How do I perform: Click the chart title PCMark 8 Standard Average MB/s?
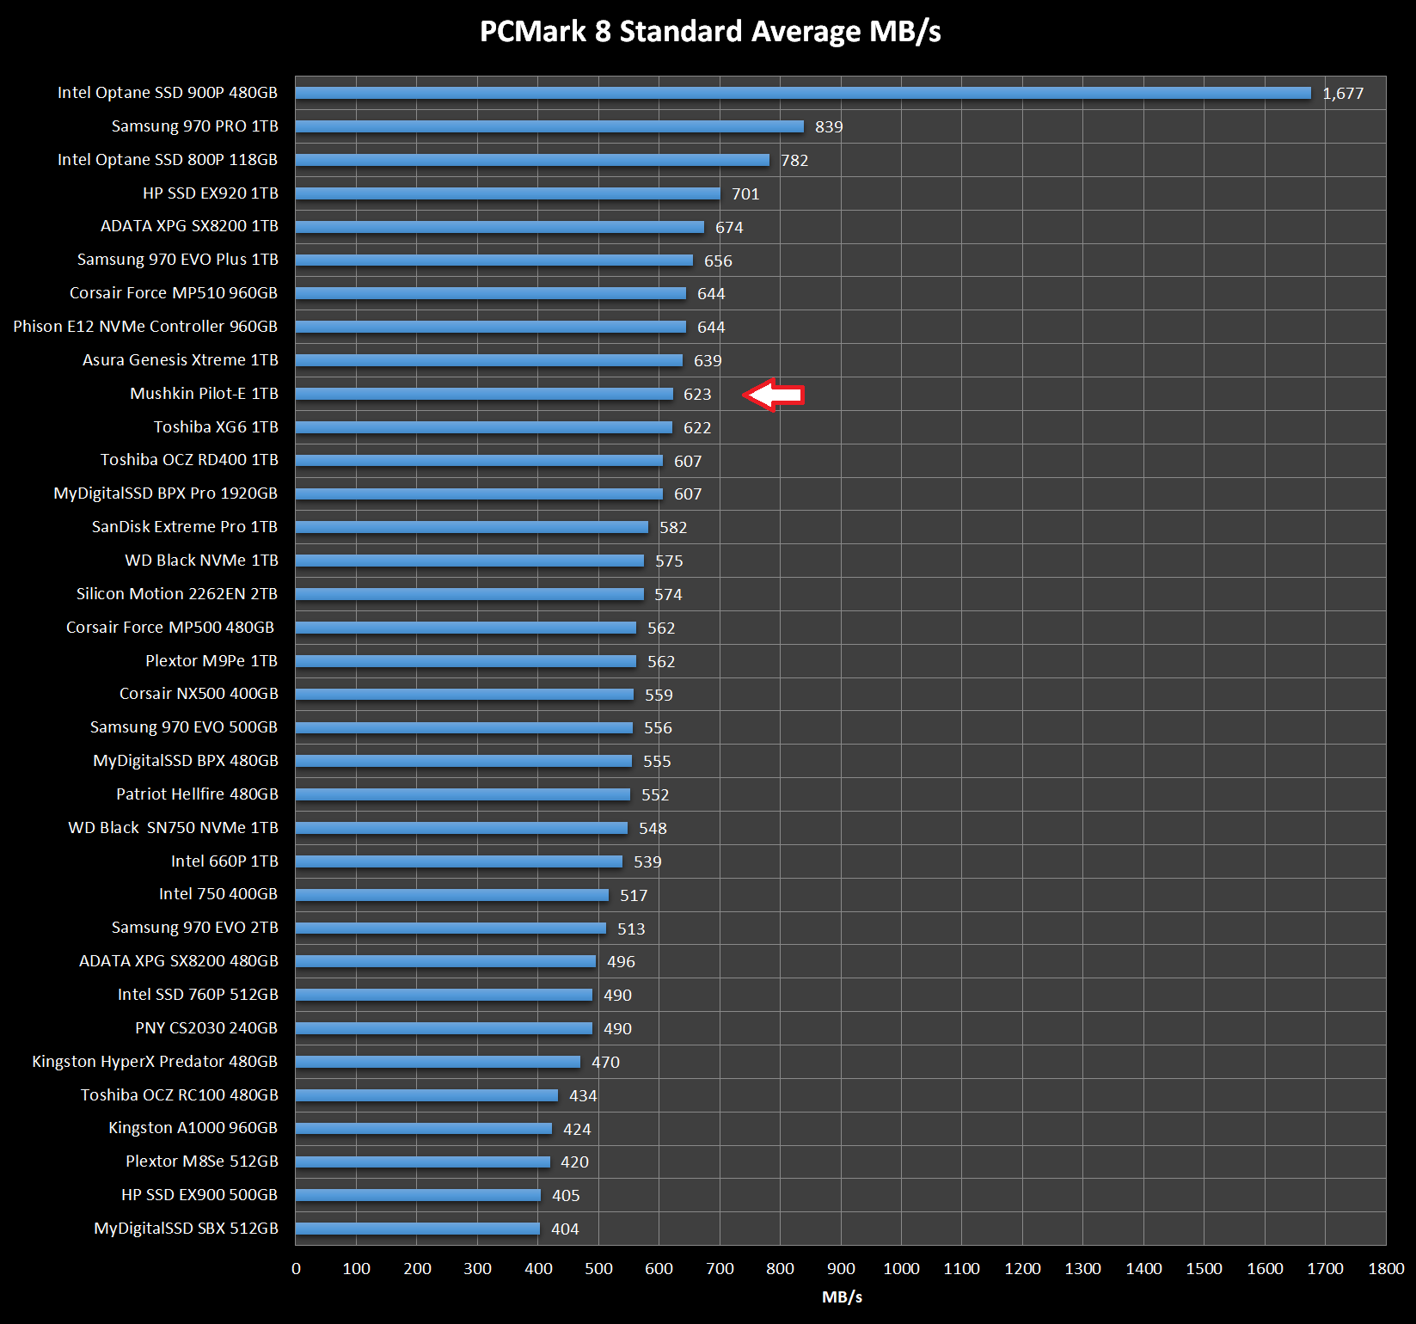[x=710, y=32]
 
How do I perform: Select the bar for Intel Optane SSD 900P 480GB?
[x=803, y=93]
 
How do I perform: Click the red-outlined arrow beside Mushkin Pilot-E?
[x=774, y=395]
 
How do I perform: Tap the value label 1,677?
[x=1343, y=94]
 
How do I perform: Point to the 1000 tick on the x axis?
[x=901, y=1268]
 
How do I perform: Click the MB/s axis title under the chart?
[x=842, y=1297]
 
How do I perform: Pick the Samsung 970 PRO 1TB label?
[x=195, y=126]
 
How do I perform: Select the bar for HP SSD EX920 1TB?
[x=507, y=193]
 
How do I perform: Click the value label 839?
[x=829, y=127]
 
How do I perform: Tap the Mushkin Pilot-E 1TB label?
[x=205, y=394]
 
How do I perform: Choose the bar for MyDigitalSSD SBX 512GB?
[x=418, y=1229]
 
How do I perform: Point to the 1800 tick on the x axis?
[x=1386, y=1268]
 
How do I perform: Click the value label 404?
[x=565, y=1229]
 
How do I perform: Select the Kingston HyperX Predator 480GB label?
[x=155, y=1062]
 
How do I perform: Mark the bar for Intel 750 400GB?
[x=452, y=895]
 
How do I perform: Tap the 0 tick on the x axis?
[x=296, y=1268]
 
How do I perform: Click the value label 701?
[x=745, y=194]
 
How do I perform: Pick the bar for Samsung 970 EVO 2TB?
[x=451, y=929]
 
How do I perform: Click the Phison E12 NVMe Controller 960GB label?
[x=145, y=327]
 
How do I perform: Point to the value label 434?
[x=583, y=1096]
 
